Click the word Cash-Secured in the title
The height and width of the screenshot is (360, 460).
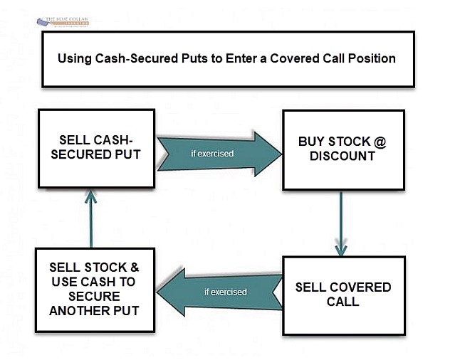pyautogui.click(x=135, y=58)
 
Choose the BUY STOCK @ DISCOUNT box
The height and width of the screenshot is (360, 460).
pyautogui.click(x=343, y=149)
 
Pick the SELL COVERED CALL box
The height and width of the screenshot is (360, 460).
pyautogui.click(x=343, y=295)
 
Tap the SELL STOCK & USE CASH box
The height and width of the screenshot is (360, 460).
pyautogui.click(x=94, y=289)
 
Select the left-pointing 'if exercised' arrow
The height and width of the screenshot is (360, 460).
pyautogui.click(x=217, y=292)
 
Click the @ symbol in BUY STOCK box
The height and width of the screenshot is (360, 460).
pyautogui.click(x=380, y=142)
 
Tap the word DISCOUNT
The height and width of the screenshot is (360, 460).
pyautogui.click(x=343, y=156)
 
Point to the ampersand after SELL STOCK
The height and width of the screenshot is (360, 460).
pyautogui.click(x=133, y=268)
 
